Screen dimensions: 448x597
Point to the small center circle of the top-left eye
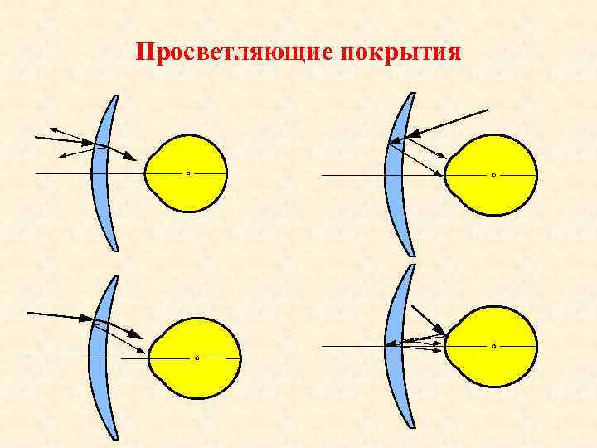click(x=188, y=173)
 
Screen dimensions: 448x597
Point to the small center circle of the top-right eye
click(x=493, y=175)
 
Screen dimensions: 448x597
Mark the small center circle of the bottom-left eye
click(x=197, y=358)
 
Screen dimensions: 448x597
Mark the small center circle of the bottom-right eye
click(x=493, y=346)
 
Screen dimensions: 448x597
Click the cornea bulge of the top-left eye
click(x=150, y=173)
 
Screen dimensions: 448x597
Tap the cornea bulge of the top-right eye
click(x=451, y=175)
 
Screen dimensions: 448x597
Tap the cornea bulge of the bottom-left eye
click(x=153, y=358)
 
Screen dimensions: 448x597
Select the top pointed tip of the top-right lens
click(x=412, y=94)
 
